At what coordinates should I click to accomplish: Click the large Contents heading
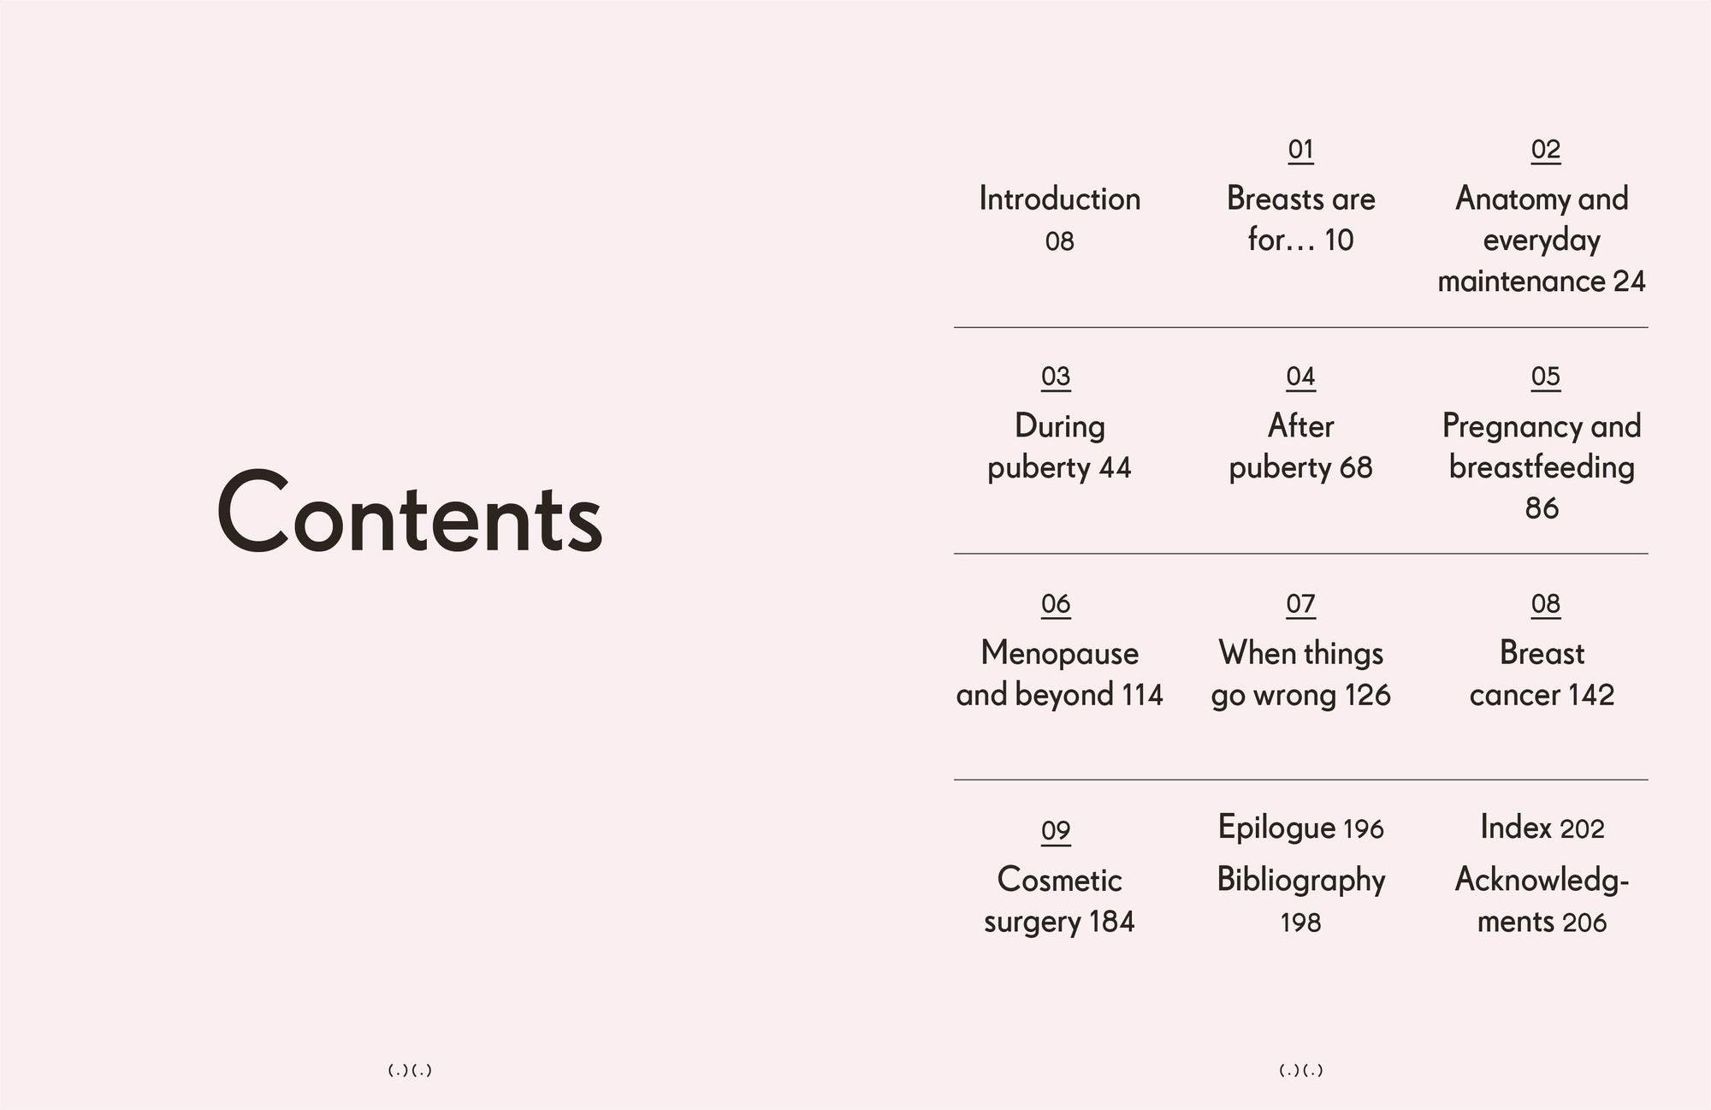point(410,511)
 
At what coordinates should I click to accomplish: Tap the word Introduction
point(1060,199)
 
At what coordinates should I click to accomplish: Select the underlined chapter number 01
point(1301,150)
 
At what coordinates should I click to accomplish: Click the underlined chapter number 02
point(1546,150)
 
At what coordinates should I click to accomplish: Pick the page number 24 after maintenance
point(1629,282)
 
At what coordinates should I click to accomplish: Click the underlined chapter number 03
point(1056,377)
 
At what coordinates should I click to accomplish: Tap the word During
point(1060,426)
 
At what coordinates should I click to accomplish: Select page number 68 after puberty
point(1356,467)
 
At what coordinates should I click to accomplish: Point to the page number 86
point(1542,508)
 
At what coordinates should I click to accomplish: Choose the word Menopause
point(1060,654)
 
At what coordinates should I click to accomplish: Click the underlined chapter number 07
point(1301,604)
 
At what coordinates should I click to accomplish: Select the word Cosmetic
point(1060,880)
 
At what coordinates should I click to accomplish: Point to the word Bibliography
point(1301,881)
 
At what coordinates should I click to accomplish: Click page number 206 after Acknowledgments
point(1584,923)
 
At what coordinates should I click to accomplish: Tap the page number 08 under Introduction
point(1060,241)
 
